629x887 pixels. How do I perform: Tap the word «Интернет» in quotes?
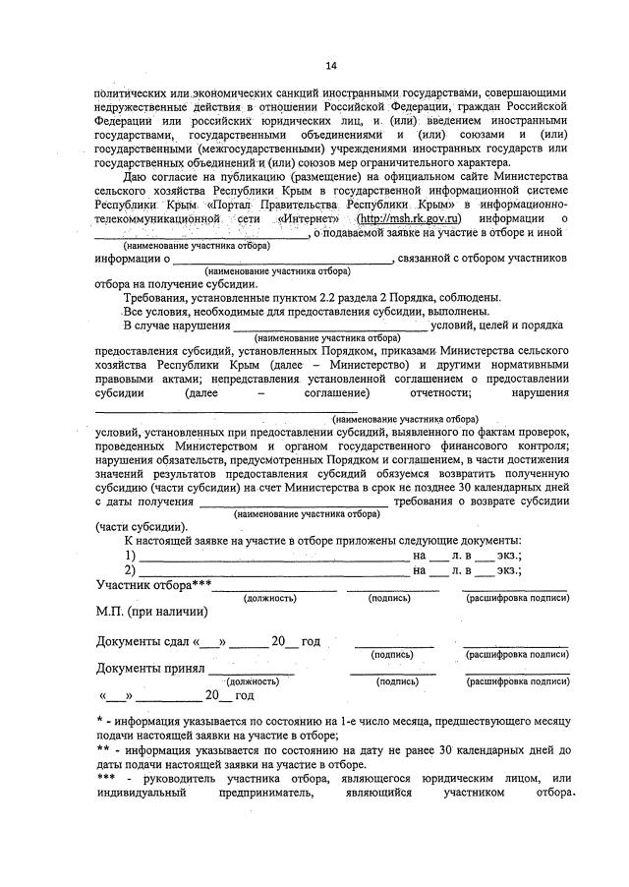310,217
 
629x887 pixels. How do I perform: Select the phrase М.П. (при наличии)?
151,611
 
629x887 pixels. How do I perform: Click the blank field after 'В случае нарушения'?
329,325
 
